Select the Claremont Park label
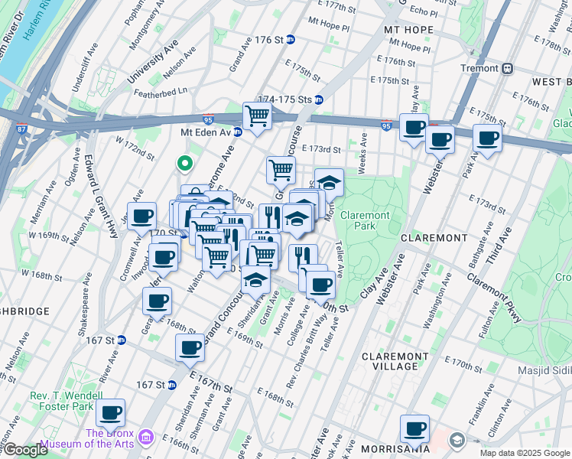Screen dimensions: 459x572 click(x=365, y=221)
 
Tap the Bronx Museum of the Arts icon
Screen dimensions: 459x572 click(x=147, y=437)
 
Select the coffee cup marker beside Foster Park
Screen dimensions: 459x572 click(x=111, y=413)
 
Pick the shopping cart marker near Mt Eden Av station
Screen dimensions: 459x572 click(x=258, y=117)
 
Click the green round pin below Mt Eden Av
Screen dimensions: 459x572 click(x=184, y=164)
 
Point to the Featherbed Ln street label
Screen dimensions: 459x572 click(x=161, y=90)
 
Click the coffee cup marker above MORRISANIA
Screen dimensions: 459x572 click(x=414, y=428)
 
